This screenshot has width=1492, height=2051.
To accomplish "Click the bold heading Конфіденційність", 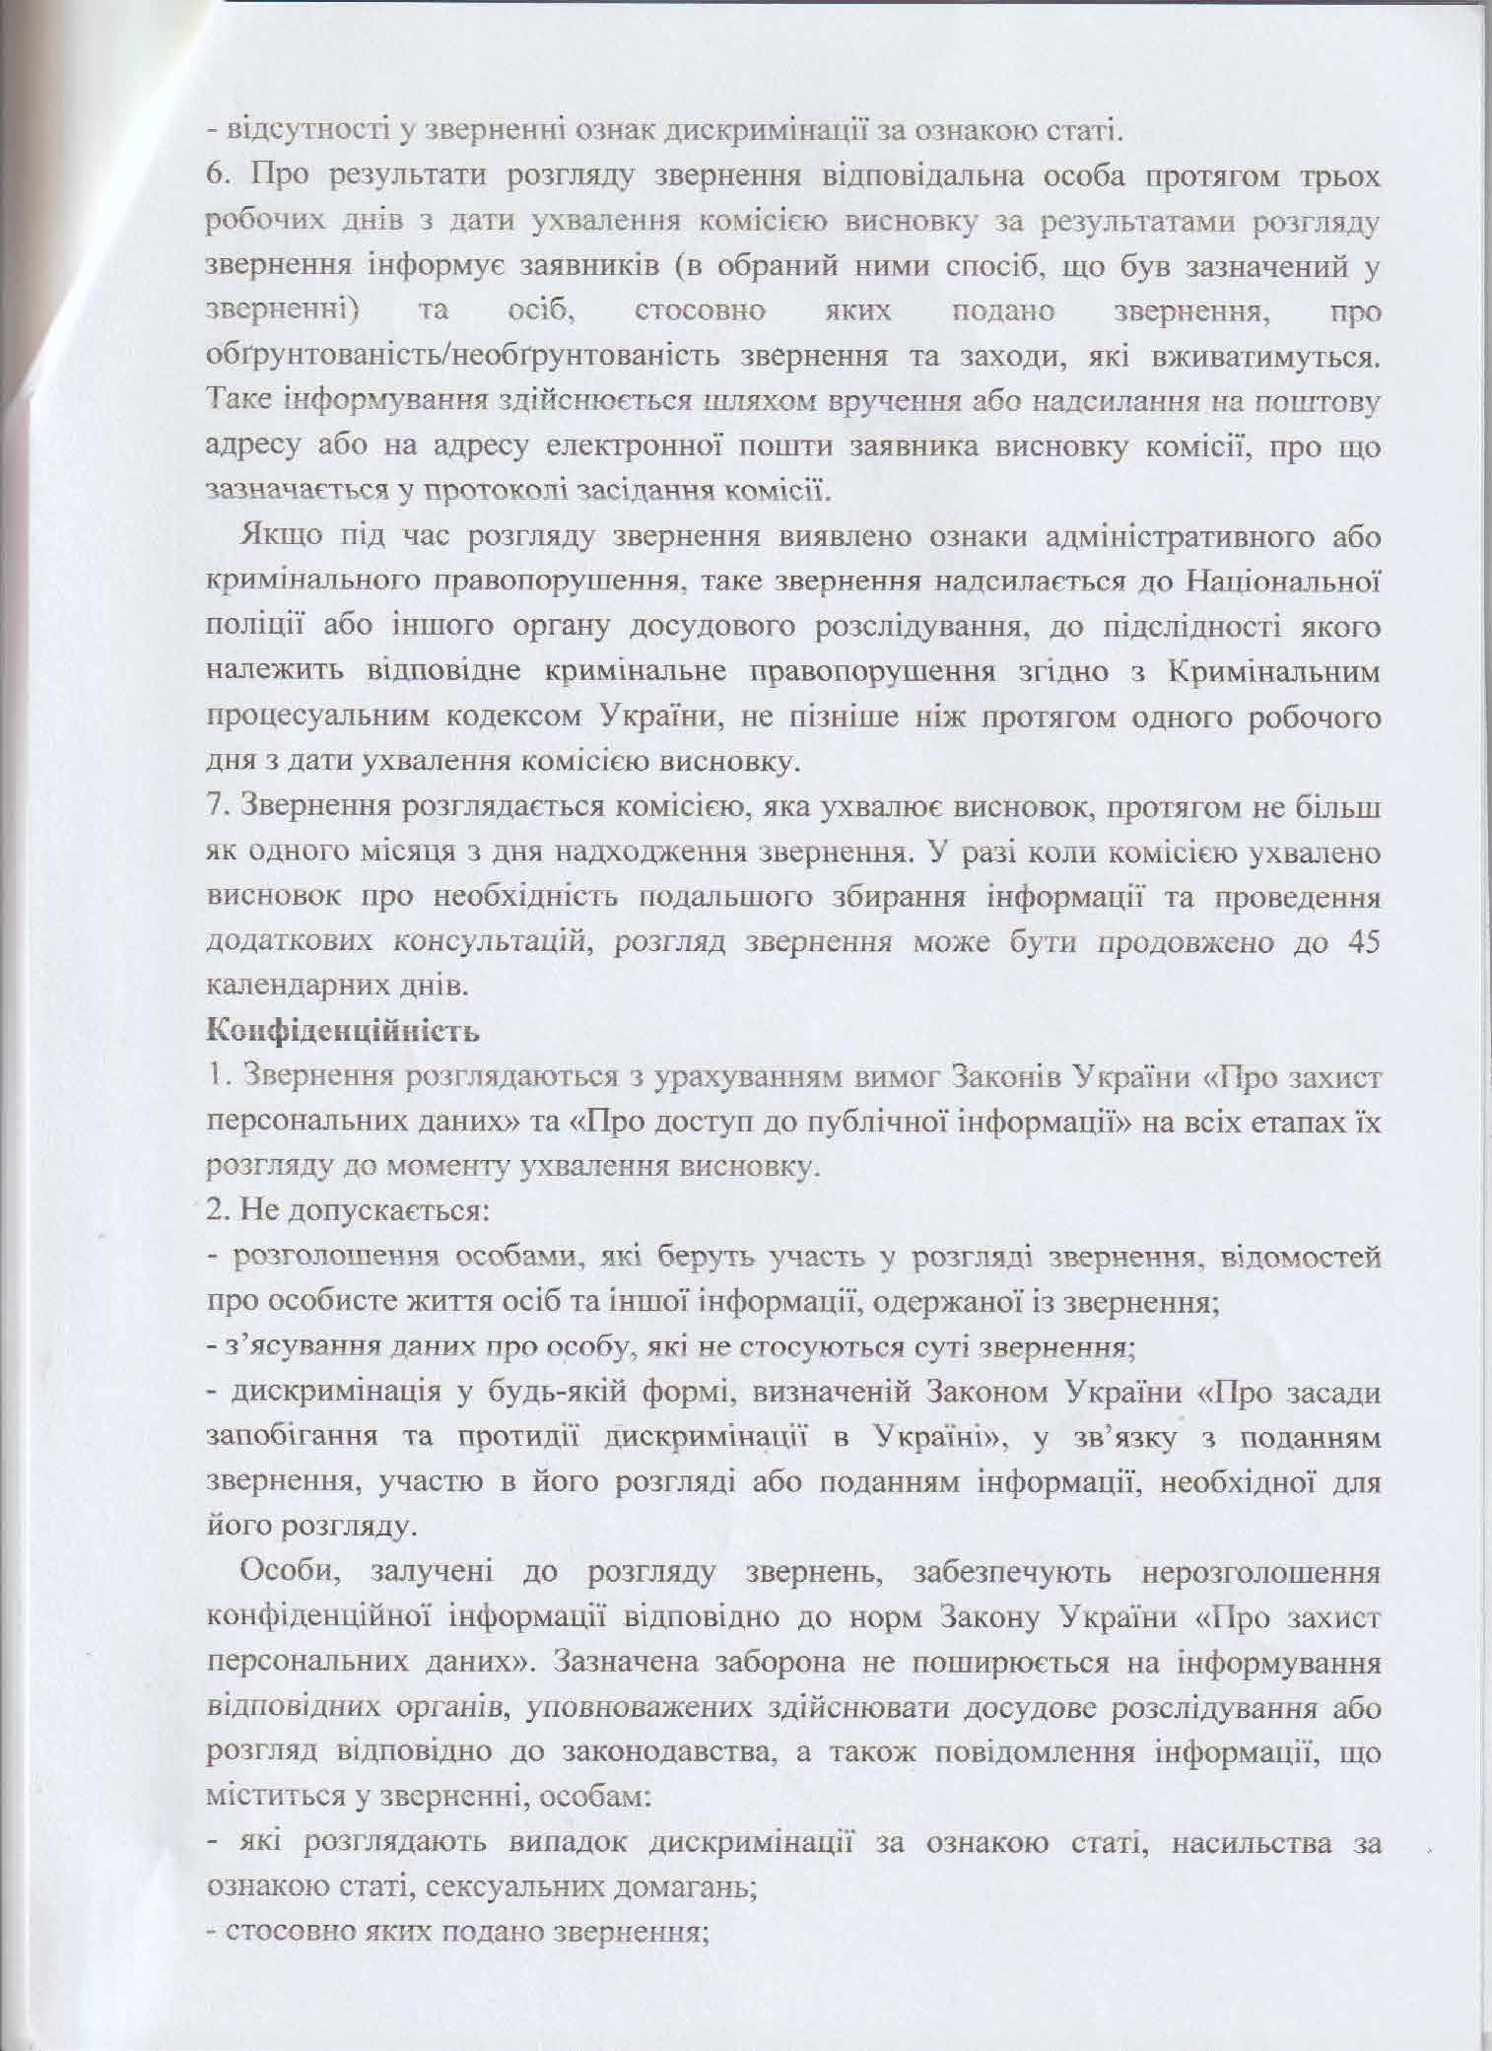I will point(342,1032).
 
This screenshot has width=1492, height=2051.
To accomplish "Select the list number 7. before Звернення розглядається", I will point(216,807).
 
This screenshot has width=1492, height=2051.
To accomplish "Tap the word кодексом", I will point(506,718).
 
